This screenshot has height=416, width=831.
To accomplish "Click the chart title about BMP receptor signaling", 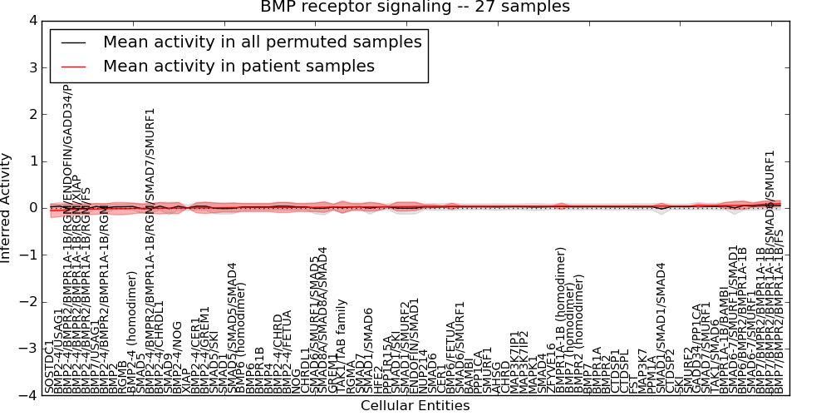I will (x=415, y=7).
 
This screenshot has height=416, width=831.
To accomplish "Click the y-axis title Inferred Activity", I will (x=7, y=207).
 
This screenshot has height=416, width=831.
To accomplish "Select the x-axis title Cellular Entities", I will (x=415, y=406).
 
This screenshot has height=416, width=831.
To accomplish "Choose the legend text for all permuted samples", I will (x=262, y=42).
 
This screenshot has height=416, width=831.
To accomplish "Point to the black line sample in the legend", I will (x=72, y=42).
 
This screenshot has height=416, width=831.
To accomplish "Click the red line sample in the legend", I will (x=72, y=67).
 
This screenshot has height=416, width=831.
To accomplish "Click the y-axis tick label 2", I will (x=32, y=114).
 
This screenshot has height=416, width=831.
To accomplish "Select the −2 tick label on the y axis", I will (x=28, y=302).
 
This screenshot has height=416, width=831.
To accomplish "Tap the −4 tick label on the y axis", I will (x=28, y=396).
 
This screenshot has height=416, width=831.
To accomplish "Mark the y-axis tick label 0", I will (x=32, y=208).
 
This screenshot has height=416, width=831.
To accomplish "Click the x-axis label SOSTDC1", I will (x=49, y=365).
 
